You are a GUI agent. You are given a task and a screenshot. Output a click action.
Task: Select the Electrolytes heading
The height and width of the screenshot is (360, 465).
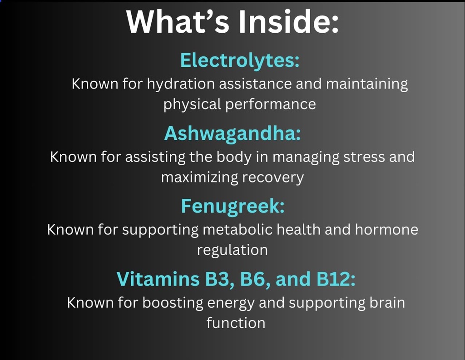240,61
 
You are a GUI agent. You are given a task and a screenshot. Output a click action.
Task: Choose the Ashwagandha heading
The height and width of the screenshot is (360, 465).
232,133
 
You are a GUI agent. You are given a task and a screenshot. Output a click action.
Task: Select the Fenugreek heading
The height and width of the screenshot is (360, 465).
232,206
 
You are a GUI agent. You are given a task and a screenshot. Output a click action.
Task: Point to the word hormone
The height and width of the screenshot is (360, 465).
386,230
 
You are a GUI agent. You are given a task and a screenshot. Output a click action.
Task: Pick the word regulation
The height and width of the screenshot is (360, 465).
232,250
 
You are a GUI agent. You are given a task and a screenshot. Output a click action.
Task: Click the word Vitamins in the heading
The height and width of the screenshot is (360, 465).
156,279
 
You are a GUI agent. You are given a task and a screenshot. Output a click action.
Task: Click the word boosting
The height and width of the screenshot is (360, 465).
173,303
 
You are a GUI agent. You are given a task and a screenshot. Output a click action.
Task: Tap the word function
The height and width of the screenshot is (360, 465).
236,323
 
